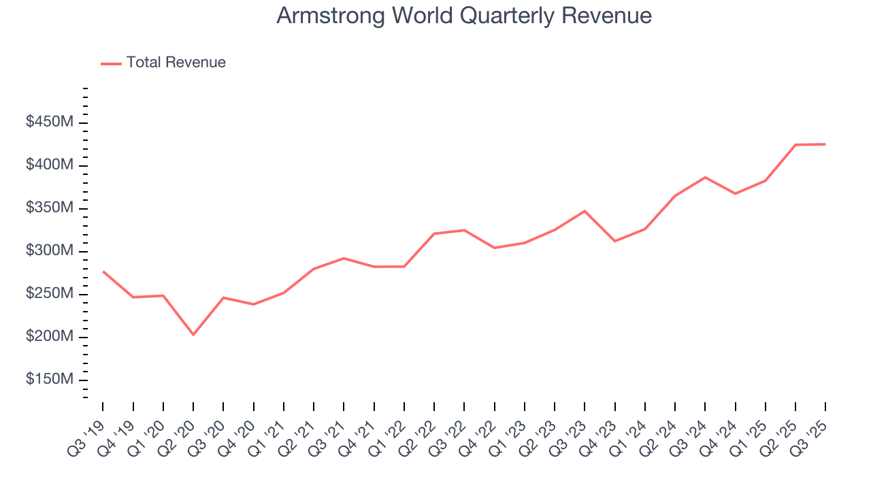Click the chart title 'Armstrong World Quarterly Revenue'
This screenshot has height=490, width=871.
(x=464, y=16)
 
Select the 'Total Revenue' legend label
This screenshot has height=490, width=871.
(x=176, y=63)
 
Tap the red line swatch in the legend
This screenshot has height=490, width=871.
(x=111, y=63)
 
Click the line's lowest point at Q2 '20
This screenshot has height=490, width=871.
(x=193, y=335)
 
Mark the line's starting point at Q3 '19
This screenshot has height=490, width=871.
(x=103, y=272)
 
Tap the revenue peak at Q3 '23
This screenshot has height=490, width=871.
(x=585, y=211)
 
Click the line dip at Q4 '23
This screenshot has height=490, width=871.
(x=615, y=241)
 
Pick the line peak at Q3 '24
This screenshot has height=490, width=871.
(x=705, y=177)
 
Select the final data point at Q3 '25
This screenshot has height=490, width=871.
(x=825, y=144)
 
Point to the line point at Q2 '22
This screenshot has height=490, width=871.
(x=434, y=233)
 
